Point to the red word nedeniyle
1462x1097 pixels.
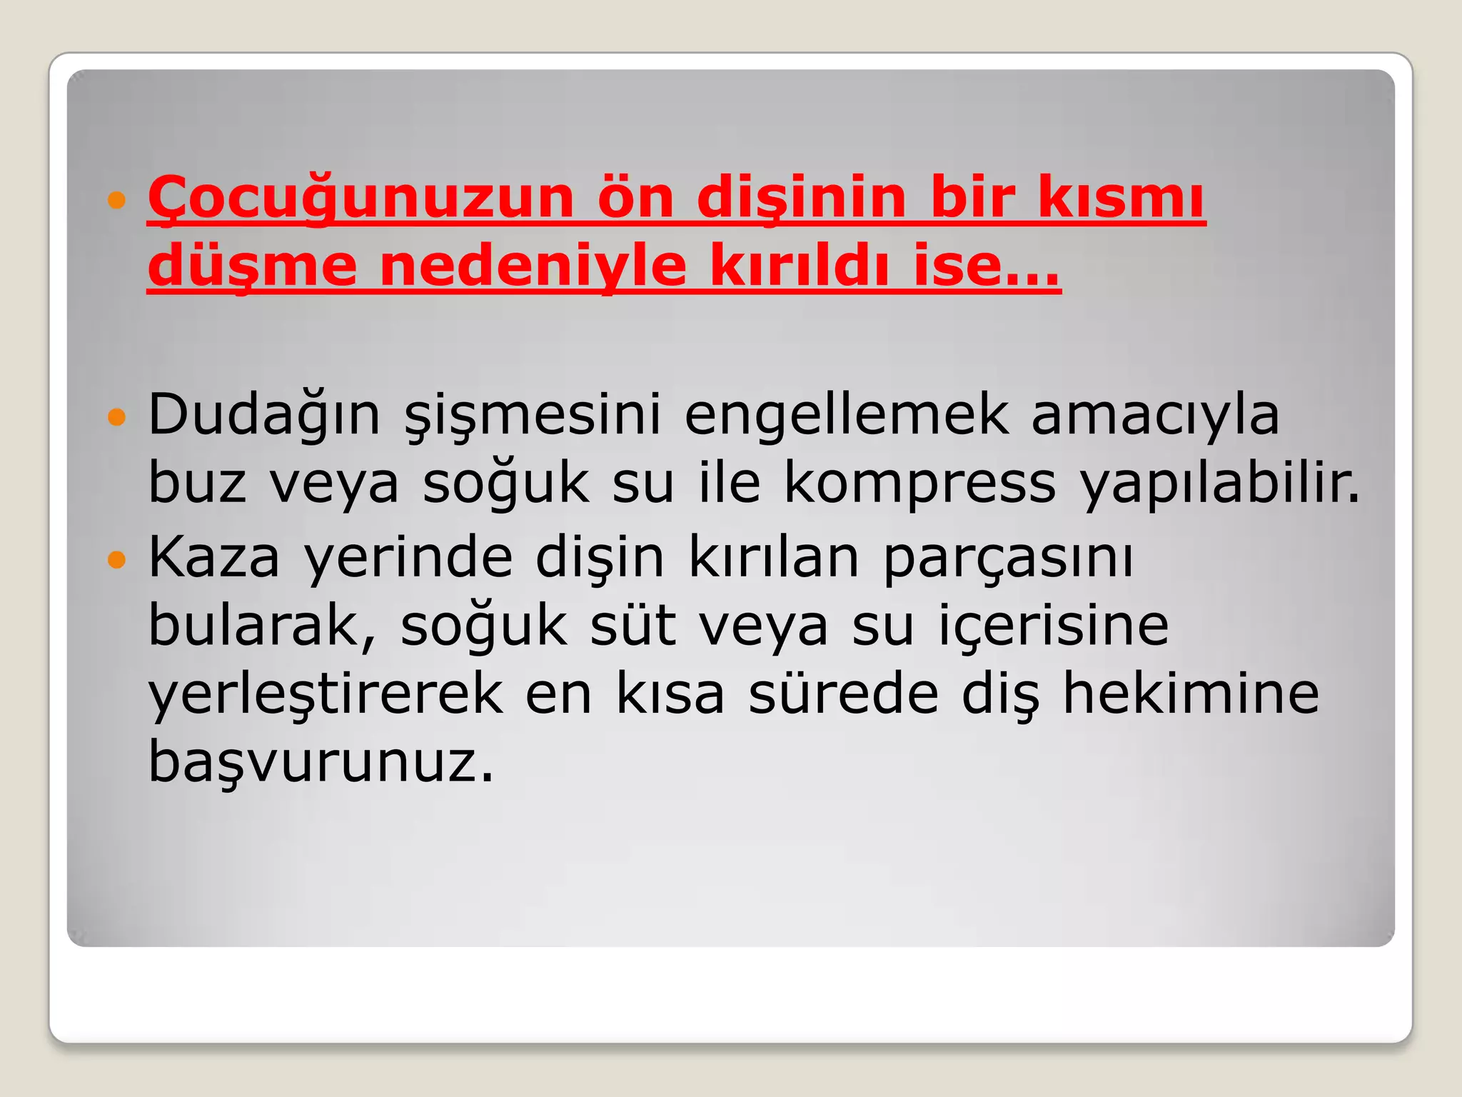(533, 266)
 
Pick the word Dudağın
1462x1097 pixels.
(264, 414)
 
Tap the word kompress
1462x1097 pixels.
(919, 483)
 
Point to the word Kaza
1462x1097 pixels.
(213, 557)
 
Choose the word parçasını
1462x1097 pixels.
(1008, 558)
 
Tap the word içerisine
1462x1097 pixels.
(1053, 626)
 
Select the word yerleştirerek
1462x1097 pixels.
(325, 694)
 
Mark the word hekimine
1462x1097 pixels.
(1191, 693)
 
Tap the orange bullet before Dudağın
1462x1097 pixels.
(116, 416)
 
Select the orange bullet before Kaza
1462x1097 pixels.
(116, 558)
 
